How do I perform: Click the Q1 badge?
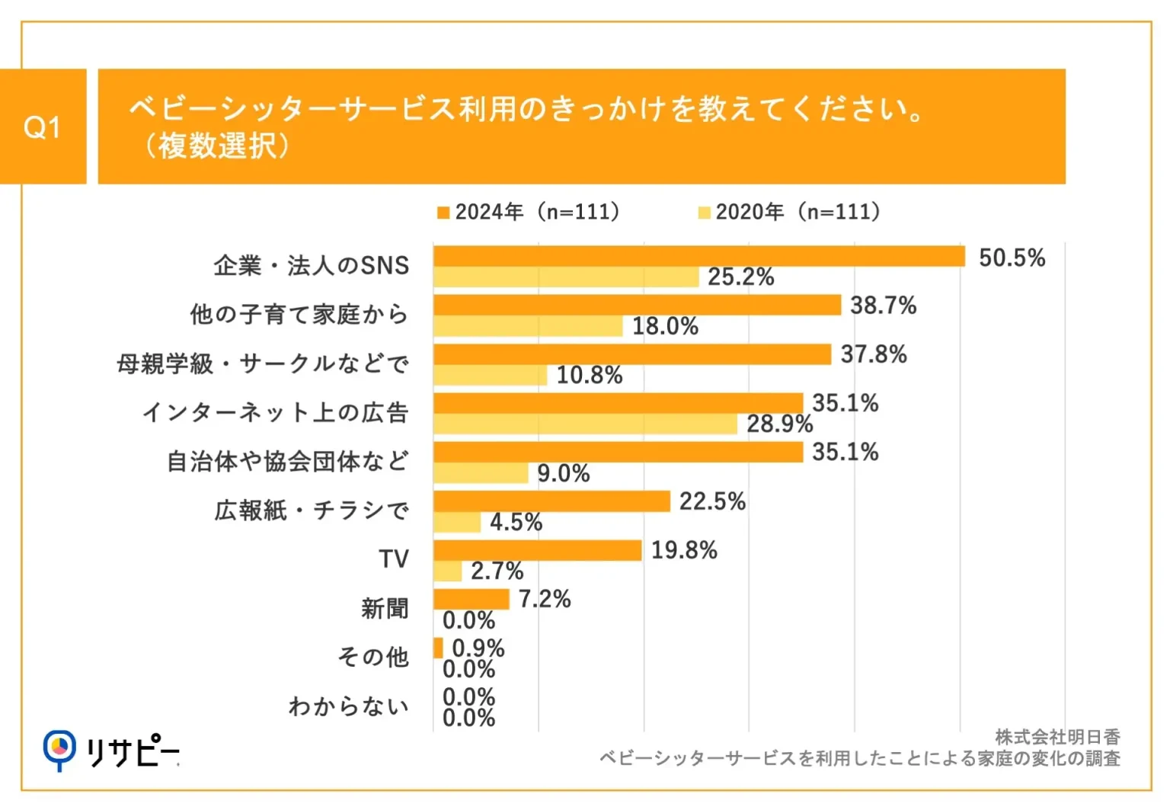[43, 126]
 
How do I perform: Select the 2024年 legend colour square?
[443, 213]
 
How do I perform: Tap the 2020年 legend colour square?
[705, 213]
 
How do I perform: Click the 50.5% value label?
[1012, 258]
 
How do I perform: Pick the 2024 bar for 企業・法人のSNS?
[698, 256]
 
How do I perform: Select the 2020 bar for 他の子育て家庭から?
[528, 326]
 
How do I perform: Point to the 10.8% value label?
[590, 375]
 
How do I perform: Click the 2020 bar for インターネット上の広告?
[585, 424]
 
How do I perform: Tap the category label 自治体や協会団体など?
[287, 461]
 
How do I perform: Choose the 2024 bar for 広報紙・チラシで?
[551, 501]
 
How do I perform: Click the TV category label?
[394, 559]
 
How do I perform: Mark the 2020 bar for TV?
[448, 571]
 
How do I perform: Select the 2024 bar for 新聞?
[471, 599]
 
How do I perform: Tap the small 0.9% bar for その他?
[438, 648]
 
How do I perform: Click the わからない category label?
[348, 706]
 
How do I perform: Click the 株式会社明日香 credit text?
[1057, 737]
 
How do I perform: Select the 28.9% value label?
[779, 424]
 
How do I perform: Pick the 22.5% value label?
[712, 501]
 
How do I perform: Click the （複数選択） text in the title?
[216, 146]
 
